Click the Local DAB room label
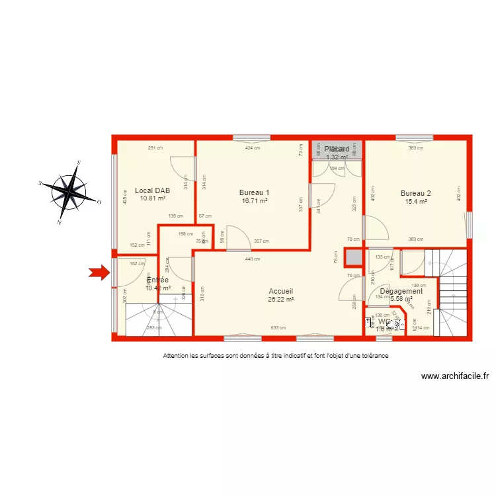point(153,190)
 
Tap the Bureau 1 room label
point(255,193)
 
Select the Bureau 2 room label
point(415,193)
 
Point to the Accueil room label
point(280,291)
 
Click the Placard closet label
point(337,149)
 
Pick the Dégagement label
point(401,291)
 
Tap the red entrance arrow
point(100,272)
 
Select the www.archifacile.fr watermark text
point(455,376)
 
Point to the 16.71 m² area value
point(255,201)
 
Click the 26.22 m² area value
point(280,299)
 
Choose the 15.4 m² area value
point(415,201)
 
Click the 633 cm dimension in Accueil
point(278,328)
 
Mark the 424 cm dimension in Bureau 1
point(253,148)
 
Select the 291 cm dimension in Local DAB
point(155,148)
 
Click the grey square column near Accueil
point(354,257)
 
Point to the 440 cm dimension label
point(252,259)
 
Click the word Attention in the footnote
point(176,356)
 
